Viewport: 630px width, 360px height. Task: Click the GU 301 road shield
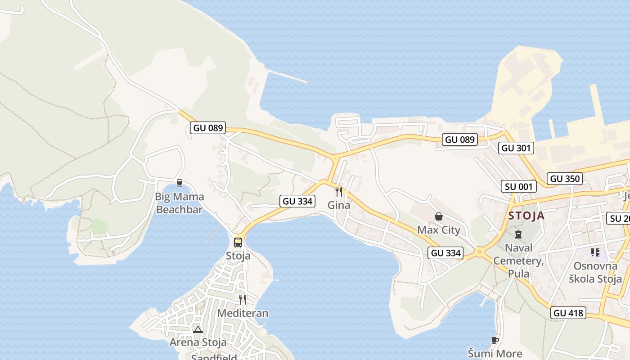click(x=516, y=148)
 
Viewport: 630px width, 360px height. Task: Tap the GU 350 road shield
click(x=565, y=179)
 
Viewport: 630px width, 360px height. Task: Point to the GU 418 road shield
click(x=568, y=313)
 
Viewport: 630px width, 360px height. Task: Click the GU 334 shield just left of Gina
click(x=297, y=201)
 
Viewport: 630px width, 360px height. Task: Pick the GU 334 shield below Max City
click(x=445, y=253)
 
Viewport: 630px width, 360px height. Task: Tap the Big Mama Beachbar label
click(x=180, y=203)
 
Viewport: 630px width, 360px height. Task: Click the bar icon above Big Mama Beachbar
click(x=180, y=183)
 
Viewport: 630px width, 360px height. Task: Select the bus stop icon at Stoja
click(x=238, y=243)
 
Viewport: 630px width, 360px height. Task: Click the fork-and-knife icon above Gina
click(x=339, y=192)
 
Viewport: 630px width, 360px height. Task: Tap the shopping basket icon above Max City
click(x=439, y=217)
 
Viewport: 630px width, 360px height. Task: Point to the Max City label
click(x=439, y=230)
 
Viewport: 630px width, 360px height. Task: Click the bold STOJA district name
click(x=526, y=216)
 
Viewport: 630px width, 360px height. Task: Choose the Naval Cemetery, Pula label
click(x=518, y=260)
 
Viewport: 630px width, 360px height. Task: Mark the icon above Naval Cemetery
click(x=518, y=234)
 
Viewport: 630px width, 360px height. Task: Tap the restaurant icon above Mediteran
click(x=243, y=299)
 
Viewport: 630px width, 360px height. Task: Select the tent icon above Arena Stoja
click(x=198, y=329)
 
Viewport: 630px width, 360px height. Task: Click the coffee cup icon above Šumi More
click(x=495, y=340)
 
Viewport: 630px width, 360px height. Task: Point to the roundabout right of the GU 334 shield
click(x=479, y=252)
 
